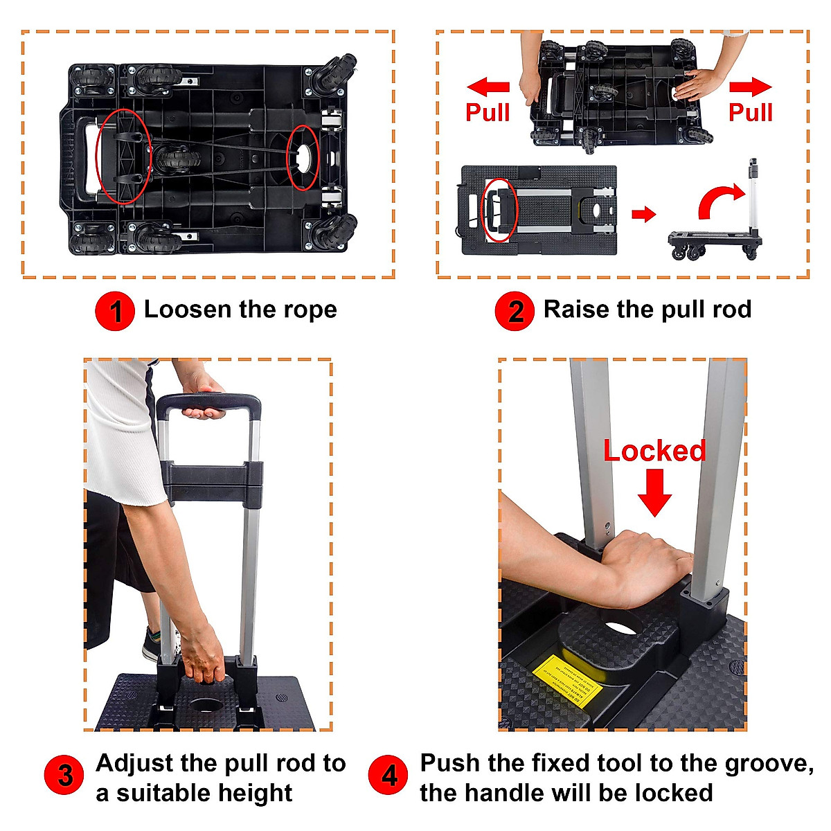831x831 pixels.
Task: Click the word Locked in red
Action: [x=654, y=451]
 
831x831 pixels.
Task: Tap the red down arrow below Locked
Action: [x=654, y=492]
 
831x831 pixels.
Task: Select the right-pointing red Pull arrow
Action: [x=751, y=87]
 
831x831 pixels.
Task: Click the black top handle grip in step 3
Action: [x=208, y=403]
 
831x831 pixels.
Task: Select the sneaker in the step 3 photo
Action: [x=152, y=644]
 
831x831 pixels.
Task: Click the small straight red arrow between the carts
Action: [x=643, y=214]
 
